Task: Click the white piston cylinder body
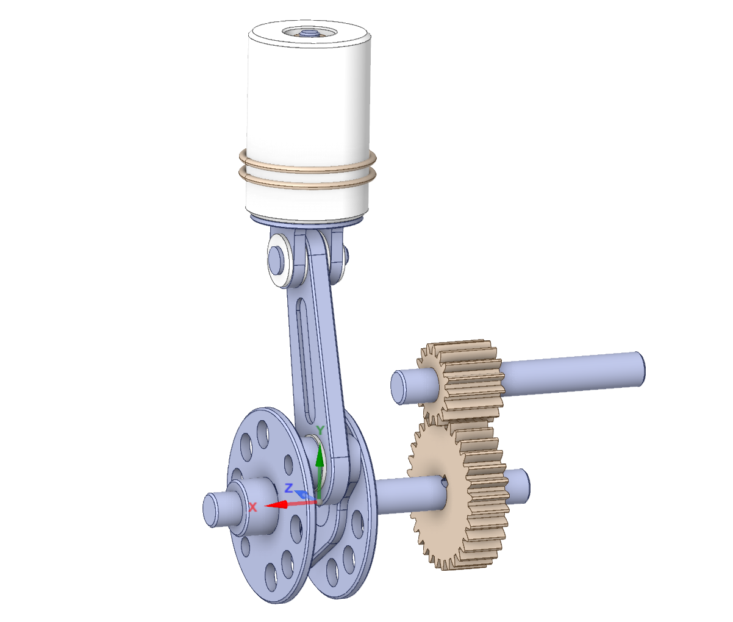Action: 308,98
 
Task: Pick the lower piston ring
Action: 308,183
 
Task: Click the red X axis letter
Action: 253,507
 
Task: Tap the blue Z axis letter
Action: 289,488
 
